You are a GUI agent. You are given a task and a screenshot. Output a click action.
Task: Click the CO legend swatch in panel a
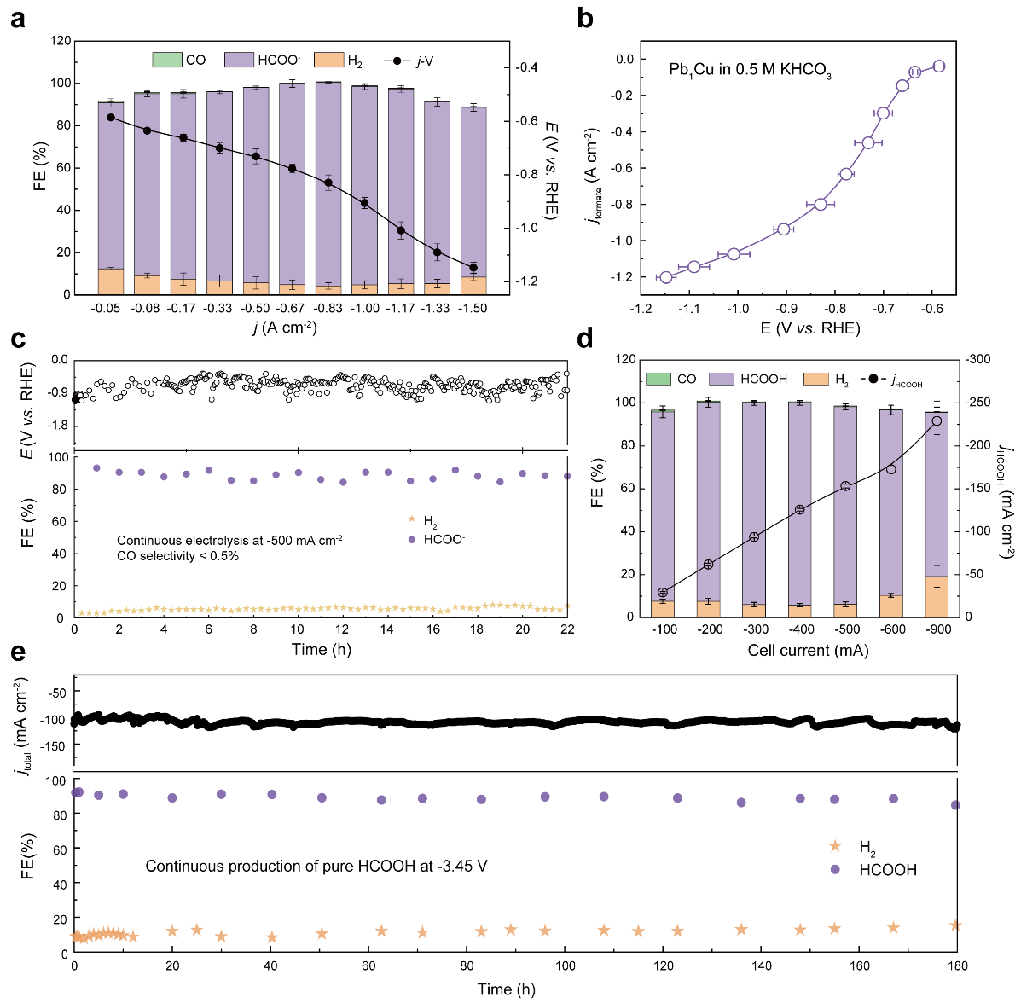[x=167, y=60]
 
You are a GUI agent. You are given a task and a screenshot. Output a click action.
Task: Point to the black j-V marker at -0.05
[x=111, y=117]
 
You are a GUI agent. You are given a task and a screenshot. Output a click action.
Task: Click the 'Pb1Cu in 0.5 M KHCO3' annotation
[x=750, y=72]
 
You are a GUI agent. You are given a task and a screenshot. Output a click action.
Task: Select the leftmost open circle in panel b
[x=666, y=277]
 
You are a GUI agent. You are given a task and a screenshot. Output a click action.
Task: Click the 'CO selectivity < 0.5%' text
[x=177, y=556]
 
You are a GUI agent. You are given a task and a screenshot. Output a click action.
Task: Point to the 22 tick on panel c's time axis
[x=567, y=629]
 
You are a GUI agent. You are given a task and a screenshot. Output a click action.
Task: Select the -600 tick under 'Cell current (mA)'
[x=891, y=629]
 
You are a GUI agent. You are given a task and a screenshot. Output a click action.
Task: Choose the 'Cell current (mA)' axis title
[x=808, y=650]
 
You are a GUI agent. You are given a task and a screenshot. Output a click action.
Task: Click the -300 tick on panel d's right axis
[x=979, y=360]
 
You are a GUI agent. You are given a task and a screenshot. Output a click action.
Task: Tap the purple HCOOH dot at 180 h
[x=955, y=805]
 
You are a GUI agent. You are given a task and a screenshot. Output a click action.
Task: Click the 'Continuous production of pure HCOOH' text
[x=316, y=867]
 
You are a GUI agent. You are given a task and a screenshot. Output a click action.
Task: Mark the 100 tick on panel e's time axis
[x=565, y=965]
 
